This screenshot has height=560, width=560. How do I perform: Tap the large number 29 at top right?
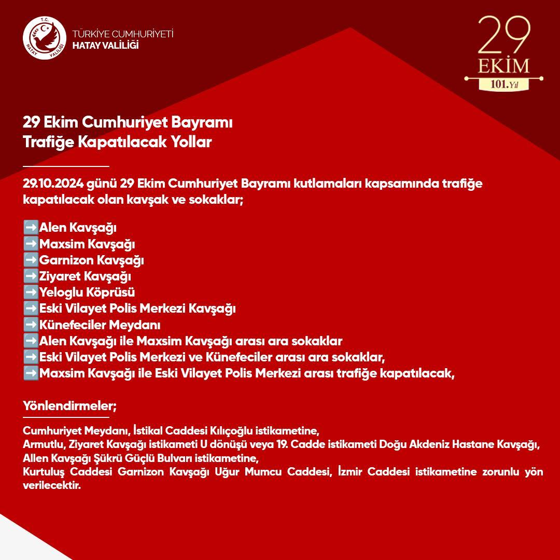[x=503, y=35]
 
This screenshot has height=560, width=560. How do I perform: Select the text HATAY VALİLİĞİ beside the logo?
[x=106, y=45]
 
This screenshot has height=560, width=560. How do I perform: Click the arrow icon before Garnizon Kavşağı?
[x=31, y=260]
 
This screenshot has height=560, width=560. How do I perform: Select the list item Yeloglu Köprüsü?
[x=87, y=292]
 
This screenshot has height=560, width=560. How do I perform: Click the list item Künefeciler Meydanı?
[x=100, y=325]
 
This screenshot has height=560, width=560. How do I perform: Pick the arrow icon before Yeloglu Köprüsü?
[x=31, y=292]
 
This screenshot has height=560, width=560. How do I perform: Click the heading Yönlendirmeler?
[x=69, y=405]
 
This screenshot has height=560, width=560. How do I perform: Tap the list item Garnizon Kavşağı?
[x=91, y=260]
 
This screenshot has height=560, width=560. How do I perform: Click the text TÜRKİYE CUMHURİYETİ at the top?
[x=123, y=34]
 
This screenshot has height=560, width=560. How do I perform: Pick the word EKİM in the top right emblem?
[x=503, y=66]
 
